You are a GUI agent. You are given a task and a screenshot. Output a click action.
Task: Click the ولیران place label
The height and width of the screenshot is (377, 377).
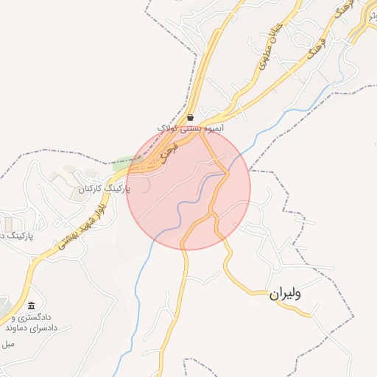[x=286, y=294]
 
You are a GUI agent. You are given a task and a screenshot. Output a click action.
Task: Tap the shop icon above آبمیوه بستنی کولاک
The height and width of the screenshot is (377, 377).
[x=191, y=117]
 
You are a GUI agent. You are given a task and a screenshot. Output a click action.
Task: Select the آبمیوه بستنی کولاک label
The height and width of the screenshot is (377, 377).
[x=191, y=128]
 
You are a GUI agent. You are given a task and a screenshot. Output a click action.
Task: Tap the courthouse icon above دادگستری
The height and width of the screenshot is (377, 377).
[x=31, y=306]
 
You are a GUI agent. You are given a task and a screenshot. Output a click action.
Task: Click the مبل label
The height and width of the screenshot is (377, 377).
[x=8, y=344]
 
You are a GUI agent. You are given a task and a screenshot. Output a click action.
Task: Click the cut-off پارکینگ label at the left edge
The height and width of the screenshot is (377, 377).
[x=15, y=236]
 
